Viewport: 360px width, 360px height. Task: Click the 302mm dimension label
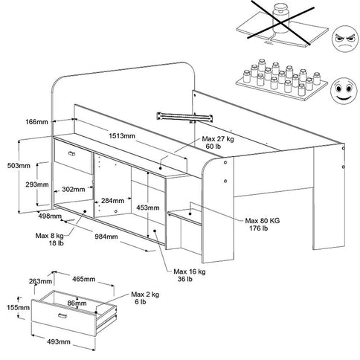[73, 190]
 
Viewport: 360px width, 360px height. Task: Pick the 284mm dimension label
[112, 201]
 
